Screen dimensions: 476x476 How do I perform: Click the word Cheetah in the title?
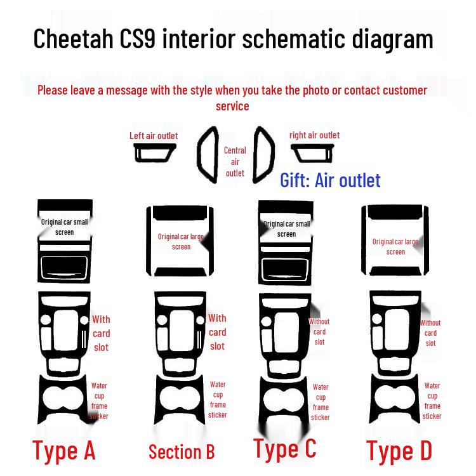(73, 39)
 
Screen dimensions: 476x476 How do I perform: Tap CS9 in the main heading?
(138, 39)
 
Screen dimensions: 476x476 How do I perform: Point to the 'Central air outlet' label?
(235, 161)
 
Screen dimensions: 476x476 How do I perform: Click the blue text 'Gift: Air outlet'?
(330, 180)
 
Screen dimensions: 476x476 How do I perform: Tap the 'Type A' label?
(64, 451)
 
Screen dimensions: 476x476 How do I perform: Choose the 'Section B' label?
(182, 452)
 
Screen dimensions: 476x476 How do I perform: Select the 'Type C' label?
(285, 448)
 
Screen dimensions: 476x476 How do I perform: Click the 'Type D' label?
(399, 451)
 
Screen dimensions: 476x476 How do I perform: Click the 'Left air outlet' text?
(154, 136)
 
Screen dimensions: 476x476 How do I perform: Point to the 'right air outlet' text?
(315, 135)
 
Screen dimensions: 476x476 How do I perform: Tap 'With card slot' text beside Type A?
(101, 333)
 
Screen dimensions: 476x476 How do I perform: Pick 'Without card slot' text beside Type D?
(430, 333)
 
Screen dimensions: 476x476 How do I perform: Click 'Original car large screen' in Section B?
(181, 242)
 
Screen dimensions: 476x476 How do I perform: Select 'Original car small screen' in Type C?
(287, 229)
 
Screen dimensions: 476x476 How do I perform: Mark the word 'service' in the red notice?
(232, 106)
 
